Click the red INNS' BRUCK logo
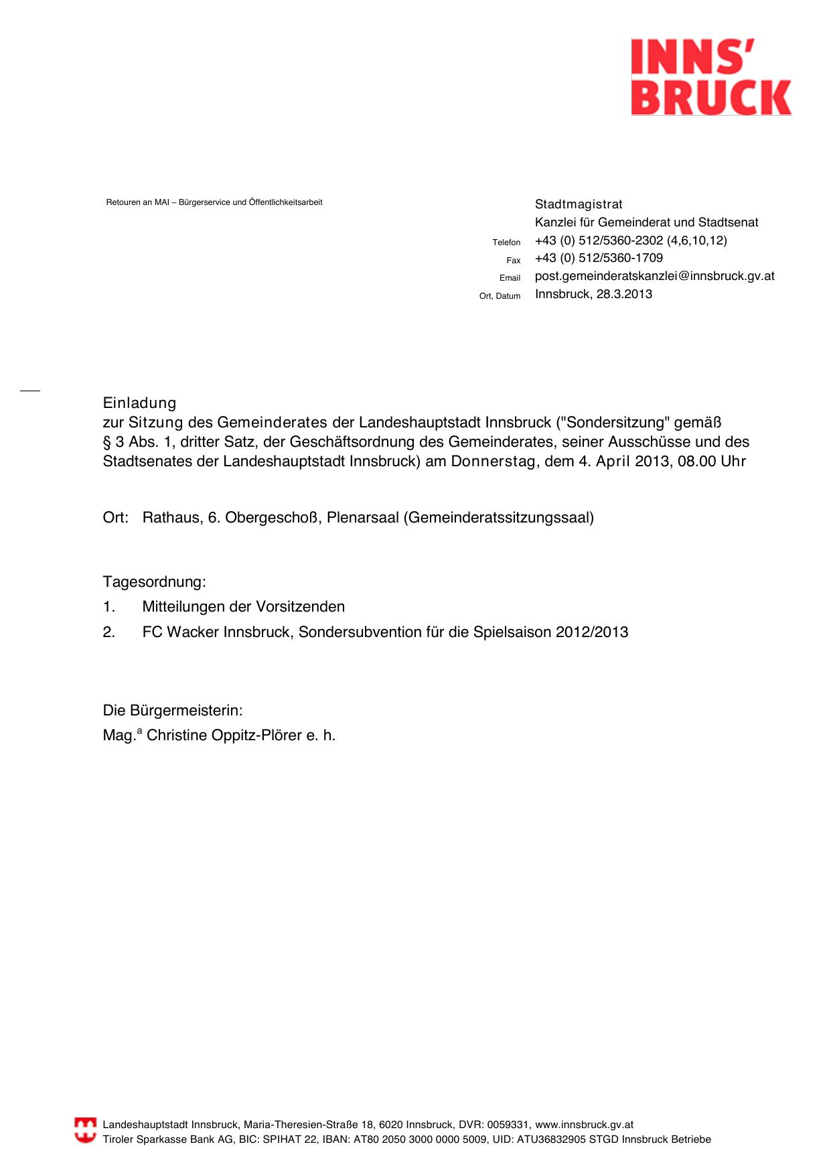point(710,77)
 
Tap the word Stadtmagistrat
point(579,204)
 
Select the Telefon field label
point(506,243)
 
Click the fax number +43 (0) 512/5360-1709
point(599,258)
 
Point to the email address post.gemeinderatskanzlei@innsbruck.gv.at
point(654,276)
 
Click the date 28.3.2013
point(624,294)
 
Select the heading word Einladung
point(139,403)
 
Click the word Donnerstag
point(493,462)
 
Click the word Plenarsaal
point(362,518)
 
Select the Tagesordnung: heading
point(154,581)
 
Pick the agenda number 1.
point(108,607)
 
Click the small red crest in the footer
point(85,1130)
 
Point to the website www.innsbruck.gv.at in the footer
point(584,1125)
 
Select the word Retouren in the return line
point(123,202)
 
